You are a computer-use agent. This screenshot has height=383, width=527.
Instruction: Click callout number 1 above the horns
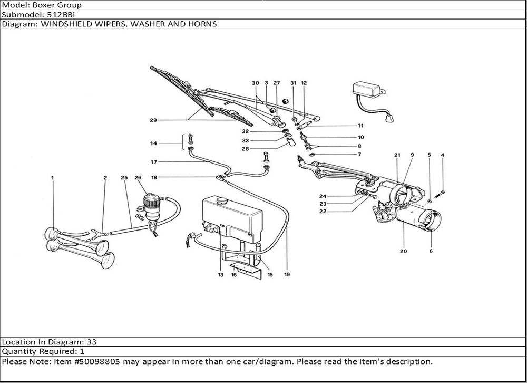pyautogui.click(x=53, y=178)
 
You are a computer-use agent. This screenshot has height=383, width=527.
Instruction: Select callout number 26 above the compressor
pyautogui.click(x=138, y=178)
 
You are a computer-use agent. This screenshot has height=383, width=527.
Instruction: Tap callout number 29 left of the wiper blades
pyautogui.click(x=153, y=121)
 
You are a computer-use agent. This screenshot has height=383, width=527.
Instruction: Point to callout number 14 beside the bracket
pyautogui.click(x=153, y=143)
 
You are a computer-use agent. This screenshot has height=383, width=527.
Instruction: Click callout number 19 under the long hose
pyautogui.click(x=287, y=274)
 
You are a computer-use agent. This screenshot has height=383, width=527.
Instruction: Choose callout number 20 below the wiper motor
pyautogui.click(x=403, y=251)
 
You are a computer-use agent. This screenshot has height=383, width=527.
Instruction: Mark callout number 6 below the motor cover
pyautogui.click(x=431, y=251)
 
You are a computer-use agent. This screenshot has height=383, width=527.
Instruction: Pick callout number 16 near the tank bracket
pyautogui.click(x=233, y=274)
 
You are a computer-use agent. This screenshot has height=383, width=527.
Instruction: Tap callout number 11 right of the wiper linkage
pyautogui.click(x=360, y=126)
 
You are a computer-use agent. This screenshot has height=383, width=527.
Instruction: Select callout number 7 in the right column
pyautogui.click(x=359, y=155)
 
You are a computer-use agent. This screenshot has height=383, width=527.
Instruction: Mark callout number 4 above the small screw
pyautogui.click(x=442, y=155)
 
